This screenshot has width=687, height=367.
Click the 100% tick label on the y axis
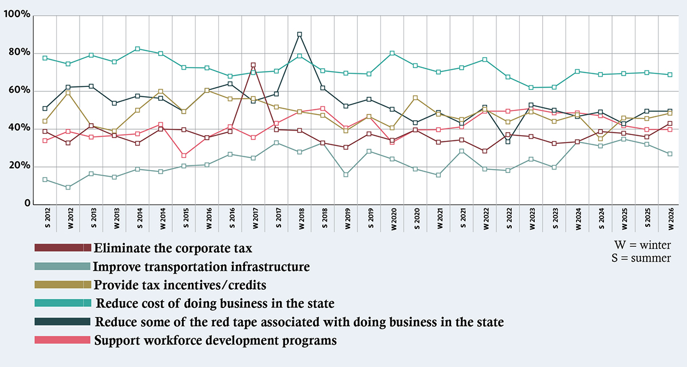[17, 14]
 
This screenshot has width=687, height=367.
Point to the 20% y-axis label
[19, 166]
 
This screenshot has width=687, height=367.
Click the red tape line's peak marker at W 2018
[299, 34]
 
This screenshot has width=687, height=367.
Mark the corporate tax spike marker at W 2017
[253, 65]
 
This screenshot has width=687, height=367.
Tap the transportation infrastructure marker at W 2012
[68, 187]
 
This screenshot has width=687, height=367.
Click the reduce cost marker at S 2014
[137, 49]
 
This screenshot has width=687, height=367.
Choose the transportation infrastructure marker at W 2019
[346, 175]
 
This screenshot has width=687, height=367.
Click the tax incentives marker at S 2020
[416, 98]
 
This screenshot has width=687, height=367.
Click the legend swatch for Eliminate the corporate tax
[62, 248]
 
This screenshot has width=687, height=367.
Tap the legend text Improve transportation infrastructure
[201, 267]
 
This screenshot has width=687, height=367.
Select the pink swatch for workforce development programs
[62, 340]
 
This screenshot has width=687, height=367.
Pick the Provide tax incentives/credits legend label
[180, 285]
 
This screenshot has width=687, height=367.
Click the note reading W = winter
[642, 245]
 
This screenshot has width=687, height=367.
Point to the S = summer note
[641, 259]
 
